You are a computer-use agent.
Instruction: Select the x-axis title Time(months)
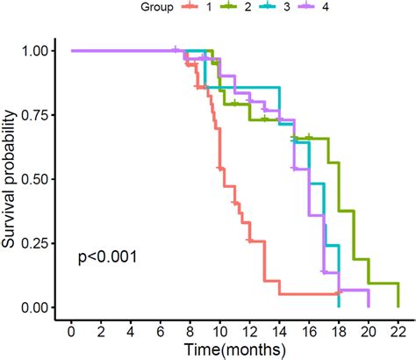tap(234, 349)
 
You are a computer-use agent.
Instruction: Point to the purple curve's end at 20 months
tap(368, 299)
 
